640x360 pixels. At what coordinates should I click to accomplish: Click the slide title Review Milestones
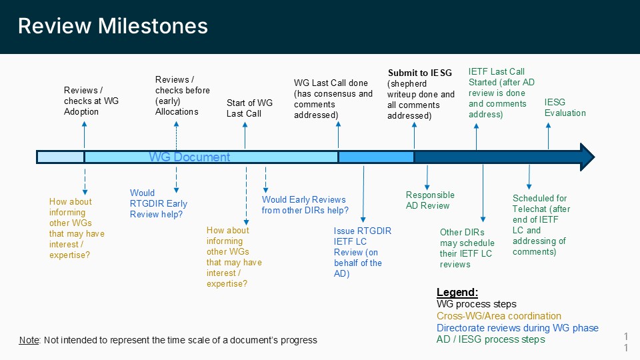(113, 26)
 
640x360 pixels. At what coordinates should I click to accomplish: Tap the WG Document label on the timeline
(189, 157)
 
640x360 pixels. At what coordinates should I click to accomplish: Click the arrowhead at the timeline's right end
(586, 157)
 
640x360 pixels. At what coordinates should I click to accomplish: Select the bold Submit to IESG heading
(419, 73)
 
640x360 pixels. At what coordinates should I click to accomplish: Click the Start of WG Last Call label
(249, 108)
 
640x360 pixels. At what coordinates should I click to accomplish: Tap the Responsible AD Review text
(430, 200)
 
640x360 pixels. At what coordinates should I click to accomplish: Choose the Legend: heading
(457, 293)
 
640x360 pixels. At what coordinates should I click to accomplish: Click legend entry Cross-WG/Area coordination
(499, 316)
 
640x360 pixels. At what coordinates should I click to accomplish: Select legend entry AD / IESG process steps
(491, 339)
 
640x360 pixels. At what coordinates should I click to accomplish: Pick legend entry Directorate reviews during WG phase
(517, 328)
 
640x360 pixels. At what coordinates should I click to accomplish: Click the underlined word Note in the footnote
(29, 340)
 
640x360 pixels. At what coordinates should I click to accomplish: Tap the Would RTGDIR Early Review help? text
(159, 204)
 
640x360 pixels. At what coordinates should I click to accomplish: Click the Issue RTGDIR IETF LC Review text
(362, 252)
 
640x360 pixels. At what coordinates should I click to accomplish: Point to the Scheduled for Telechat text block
(541, 225)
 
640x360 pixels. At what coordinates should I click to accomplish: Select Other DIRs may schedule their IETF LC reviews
(467, 248)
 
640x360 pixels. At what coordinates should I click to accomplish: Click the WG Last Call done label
(333, 99)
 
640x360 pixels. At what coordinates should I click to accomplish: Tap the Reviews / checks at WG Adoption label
(91, 101)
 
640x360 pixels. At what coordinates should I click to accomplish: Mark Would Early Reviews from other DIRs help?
(305, 205)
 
